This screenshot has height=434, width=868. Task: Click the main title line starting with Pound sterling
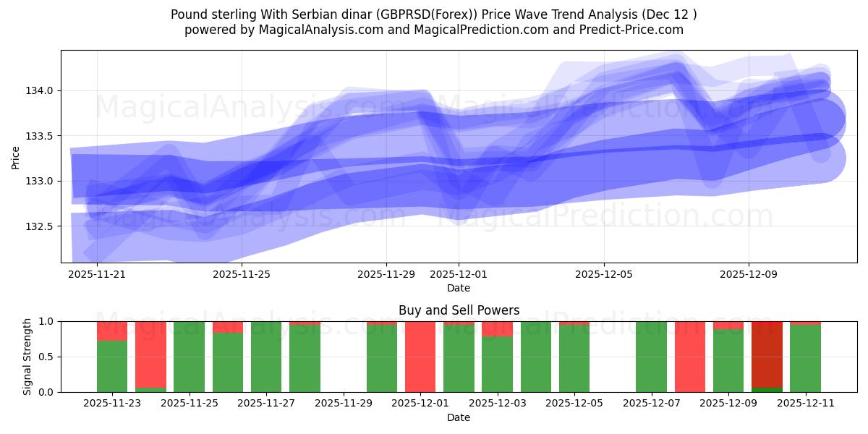point(434,14)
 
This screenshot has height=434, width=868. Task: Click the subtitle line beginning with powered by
point(434,30)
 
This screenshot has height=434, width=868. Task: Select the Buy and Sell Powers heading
point(459,310)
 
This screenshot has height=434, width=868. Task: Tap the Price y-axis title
point(16,156)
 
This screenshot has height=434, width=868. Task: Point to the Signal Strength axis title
point(27,357)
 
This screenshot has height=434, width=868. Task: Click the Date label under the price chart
point(459,288)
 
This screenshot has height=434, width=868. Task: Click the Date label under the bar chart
point(459,417)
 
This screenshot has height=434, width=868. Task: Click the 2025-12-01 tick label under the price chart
point(459,274)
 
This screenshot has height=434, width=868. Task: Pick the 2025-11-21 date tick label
point(97,274)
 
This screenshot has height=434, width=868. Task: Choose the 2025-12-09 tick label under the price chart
point(748,274)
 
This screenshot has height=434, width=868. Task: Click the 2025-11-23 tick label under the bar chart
point(112,404)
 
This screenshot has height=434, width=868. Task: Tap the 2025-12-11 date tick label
point(805,404)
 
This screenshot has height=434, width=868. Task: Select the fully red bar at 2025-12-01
point(420,357)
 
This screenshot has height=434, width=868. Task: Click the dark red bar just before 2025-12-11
point(767,354)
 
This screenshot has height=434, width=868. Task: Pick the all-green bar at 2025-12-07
point(651,357)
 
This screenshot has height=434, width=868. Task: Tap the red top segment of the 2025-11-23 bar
point(112,331)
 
